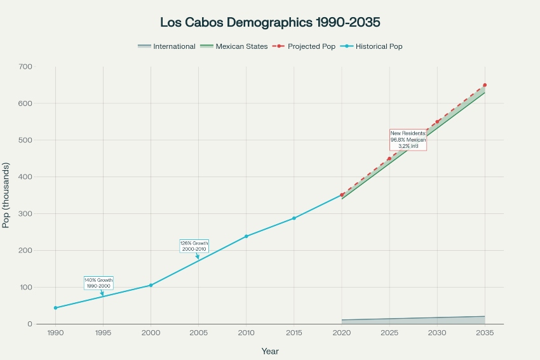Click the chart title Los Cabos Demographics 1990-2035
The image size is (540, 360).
click(270, 23)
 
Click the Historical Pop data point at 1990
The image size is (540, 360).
click(55, 308)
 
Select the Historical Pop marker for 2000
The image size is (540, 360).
click(151, 285)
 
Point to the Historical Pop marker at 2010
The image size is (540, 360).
click(246, 236)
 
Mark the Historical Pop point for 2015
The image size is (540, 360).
click(294, 218)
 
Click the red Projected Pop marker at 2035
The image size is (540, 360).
click(485, 85)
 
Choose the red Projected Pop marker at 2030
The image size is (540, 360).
click(437, 122)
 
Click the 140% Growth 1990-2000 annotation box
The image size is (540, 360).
click(98, 283)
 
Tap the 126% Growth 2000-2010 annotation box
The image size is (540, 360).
click(194, 246)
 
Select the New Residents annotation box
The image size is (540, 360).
click(408, 140)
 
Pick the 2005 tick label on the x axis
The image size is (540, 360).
click(198, 333)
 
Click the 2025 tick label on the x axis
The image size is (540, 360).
click(389, 333)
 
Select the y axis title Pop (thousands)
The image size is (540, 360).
click(7, 196)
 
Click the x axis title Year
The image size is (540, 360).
click(270, 351)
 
